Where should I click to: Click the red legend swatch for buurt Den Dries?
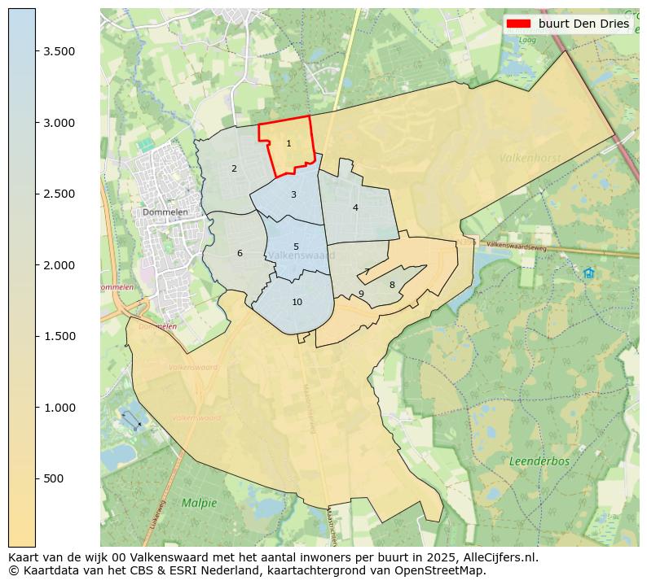point(519,24)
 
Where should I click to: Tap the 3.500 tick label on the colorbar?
point(59,51)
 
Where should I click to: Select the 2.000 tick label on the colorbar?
point(59,265)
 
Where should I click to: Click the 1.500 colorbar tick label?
point(59,336)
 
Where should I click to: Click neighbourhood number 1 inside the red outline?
point(288,144)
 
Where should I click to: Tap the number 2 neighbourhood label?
point(234,169)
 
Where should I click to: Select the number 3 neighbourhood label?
point(293,194)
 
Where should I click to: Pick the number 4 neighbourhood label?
point(355,208)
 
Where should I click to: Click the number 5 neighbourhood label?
point(296,247)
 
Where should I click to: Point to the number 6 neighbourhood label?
point(240,253)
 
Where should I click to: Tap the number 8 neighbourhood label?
point(392,285)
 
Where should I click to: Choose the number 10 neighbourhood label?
point(297,302)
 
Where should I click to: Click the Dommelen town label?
point(165,212)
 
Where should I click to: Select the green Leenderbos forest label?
point(539,461)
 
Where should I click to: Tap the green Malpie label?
point(200,503)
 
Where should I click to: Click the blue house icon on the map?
point(588,273)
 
